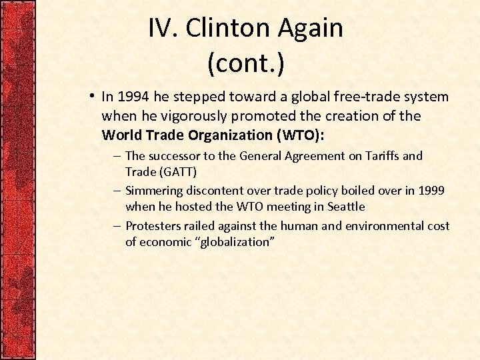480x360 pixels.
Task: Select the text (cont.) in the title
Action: pyautogui.click(x=245, y=63)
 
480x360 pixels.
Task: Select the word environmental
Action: pyautogui.click(x=381, y=226)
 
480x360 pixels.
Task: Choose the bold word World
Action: pyautogui.click(x=120, y=135)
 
